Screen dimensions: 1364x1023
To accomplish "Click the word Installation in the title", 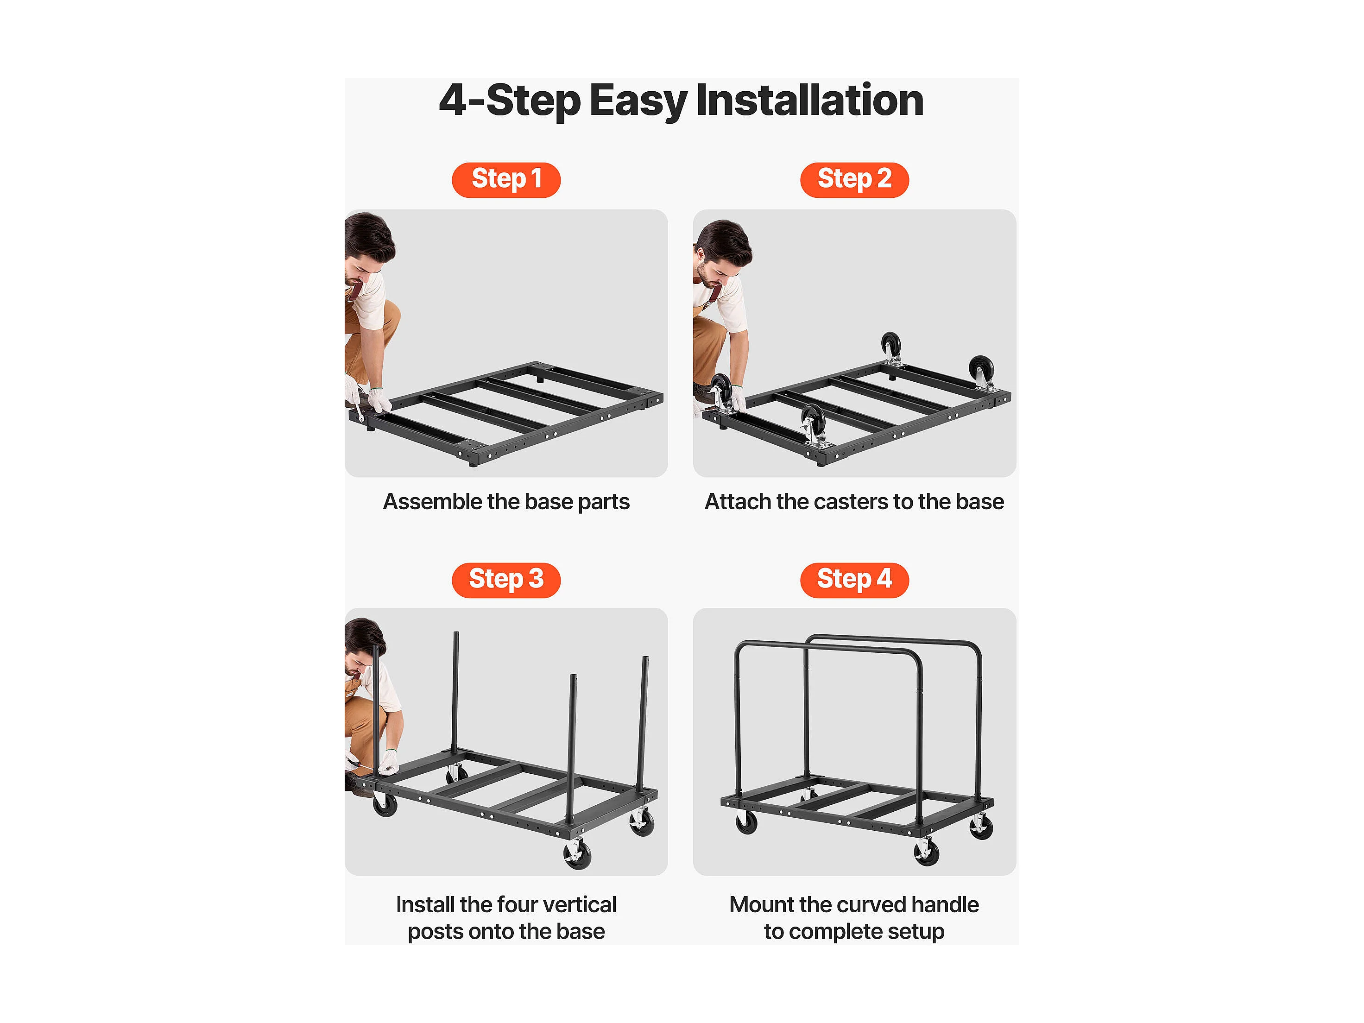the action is (x=810, y=101).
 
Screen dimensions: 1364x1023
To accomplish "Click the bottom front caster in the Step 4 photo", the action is (x=926, y=852).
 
